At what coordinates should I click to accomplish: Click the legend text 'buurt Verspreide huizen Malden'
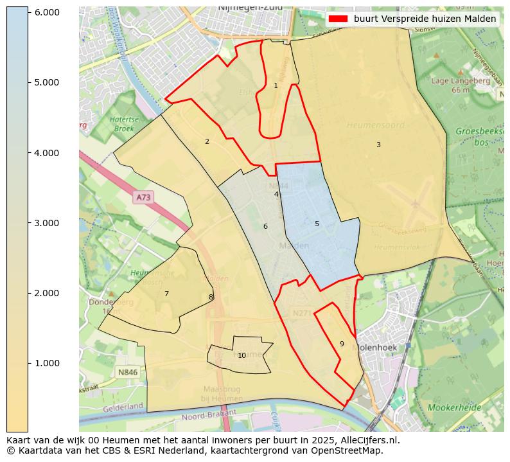point(425,19)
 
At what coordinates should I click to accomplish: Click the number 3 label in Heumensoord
point(378,145)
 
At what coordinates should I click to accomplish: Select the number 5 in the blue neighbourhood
point(317,224)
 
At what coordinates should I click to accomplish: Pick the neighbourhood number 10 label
point(242,355)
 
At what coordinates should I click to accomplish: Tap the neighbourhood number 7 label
point(166,294)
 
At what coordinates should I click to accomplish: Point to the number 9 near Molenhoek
point(342,344)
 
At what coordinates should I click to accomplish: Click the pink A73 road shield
point(143,198)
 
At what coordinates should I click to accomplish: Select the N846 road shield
point(127,372)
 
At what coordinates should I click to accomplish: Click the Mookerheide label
point(454,407)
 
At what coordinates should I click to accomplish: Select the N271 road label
point(301,313)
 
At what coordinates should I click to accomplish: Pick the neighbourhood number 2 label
point(207,141)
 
